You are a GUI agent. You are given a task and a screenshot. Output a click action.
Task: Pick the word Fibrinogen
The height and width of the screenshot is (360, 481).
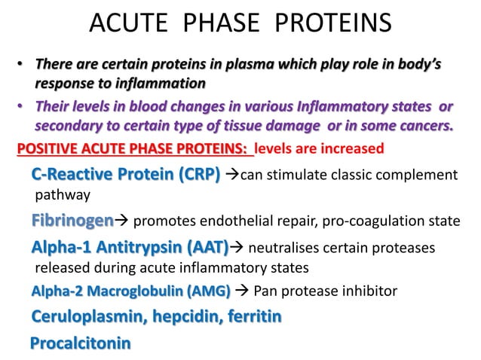tap(72, 221)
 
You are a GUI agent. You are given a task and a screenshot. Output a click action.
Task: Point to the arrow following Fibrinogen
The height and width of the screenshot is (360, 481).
tap(121, 221)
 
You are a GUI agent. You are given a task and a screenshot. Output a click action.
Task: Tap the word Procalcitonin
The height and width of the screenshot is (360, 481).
tap(80, 343)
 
